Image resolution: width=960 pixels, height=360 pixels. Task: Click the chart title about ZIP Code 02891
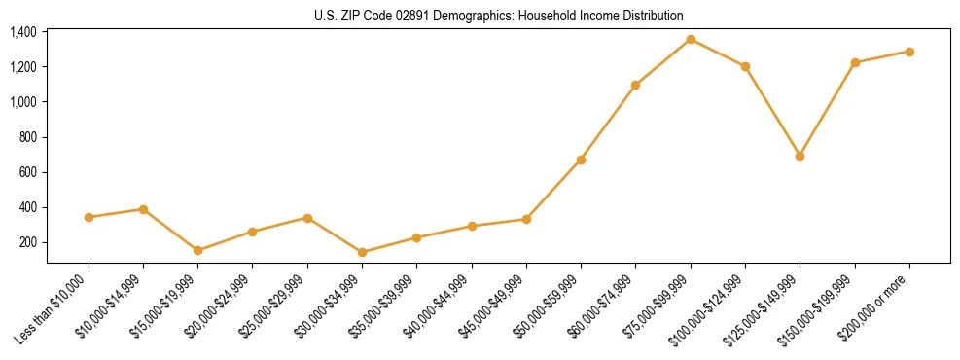click(x=499, y=16)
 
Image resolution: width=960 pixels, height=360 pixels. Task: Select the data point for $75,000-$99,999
click(x=691, y=40)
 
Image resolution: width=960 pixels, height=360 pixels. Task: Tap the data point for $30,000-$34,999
click(x=362, y=252)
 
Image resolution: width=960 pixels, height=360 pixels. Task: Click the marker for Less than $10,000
click(x=89, y=217)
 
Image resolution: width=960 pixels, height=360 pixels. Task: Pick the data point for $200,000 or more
click(x=909, y=52)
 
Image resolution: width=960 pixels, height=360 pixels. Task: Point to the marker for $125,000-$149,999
click(x=800, y=156)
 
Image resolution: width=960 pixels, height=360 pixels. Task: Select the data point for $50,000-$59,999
click(x=581, y=160)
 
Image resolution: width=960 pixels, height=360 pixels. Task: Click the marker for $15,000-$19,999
click(x=197, y=250)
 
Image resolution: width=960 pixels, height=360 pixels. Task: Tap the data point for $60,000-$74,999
click(x=635, y=85)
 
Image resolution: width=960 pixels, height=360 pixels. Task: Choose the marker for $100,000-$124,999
click(x=745, y=66)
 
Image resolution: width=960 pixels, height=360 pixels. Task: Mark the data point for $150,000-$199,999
click(x=855, y=62)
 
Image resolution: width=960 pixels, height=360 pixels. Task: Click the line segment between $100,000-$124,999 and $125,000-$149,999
click(x=772, y=111)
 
